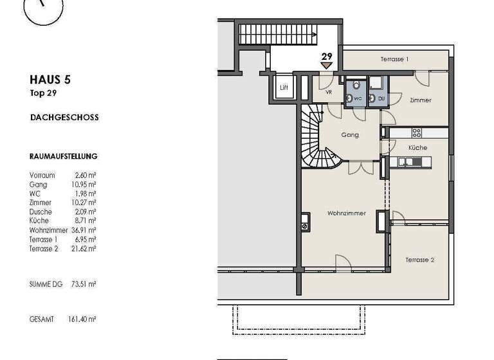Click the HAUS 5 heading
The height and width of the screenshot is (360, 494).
[50, 80]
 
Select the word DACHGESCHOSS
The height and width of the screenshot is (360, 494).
[64, 118]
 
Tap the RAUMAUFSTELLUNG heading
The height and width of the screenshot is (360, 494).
[63, 156]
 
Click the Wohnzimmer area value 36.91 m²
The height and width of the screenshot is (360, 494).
[84, 230]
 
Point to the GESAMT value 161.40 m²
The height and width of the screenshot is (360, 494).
[82, 319]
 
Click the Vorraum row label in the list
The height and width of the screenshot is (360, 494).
[42, 175]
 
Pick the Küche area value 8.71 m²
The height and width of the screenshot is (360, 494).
[86, 221]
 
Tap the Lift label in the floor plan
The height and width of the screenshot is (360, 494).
[284, 87]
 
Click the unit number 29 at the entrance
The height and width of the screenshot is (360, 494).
[327, 56]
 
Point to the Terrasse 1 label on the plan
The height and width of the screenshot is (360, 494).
[394, 59]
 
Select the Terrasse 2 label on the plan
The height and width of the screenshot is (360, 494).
[419, 260]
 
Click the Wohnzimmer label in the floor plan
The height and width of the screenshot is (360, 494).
[346, 213]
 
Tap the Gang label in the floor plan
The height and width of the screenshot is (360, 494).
[351, 135]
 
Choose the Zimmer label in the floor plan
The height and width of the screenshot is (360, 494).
[420, 100]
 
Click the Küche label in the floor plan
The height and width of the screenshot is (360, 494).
[417, 148]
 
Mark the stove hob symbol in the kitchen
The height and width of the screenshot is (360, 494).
[416, 133]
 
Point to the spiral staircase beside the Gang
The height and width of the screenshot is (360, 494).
[316, 138]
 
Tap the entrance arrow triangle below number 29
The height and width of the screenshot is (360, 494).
[327, 65]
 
